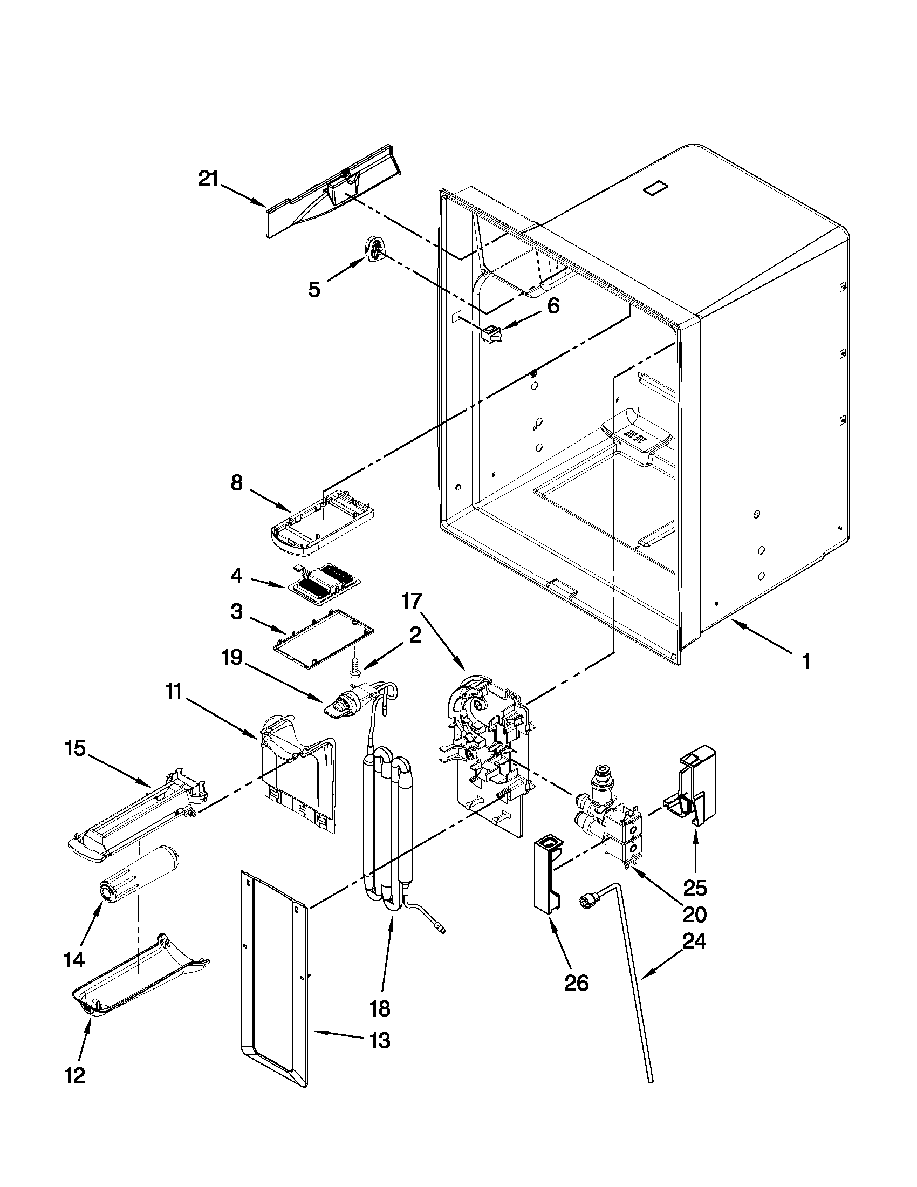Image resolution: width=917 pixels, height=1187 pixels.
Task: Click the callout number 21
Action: (x=208, y=179)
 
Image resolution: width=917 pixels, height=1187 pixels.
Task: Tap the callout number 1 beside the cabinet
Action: (x=806, y=661)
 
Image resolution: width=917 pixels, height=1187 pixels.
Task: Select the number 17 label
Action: (x=412, y=601)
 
